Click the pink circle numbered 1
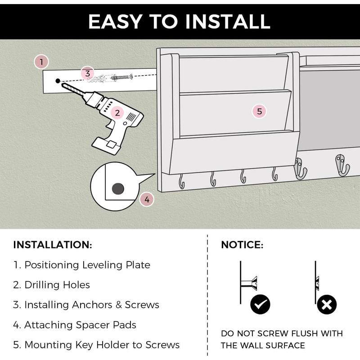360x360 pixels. tap(41, 62)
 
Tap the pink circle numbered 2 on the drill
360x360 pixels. tap(117, 113)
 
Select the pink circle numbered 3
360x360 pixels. tap(87, 73)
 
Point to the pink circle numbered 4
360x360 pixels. tap(147, 199)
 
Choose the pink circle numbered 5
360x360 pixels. tap(260, 111)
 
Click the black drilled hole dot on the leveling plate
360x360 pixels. tap(58, 81)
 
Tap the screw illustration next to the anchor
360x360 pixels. tap(122, 77)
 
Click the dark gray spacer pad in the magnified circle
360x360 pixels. tap(118, 189)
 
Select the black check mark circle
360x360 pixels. tap(261, 305)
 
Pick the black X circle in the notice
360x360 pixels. tap(327, 305)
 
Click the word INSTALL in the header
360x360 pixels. tap(228, 22)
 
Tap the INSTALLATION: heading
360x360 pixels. tap(53, 245)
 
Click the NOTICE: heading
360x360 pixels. tap(242, 245)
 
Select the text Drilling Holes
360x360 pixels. tap(57, 285)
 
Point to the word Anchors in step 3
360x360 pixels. tap(92, 305)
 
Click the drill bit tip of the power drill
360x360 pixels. tap(63, 85)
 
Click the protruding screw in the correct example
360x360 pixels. tap(249, 283)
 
